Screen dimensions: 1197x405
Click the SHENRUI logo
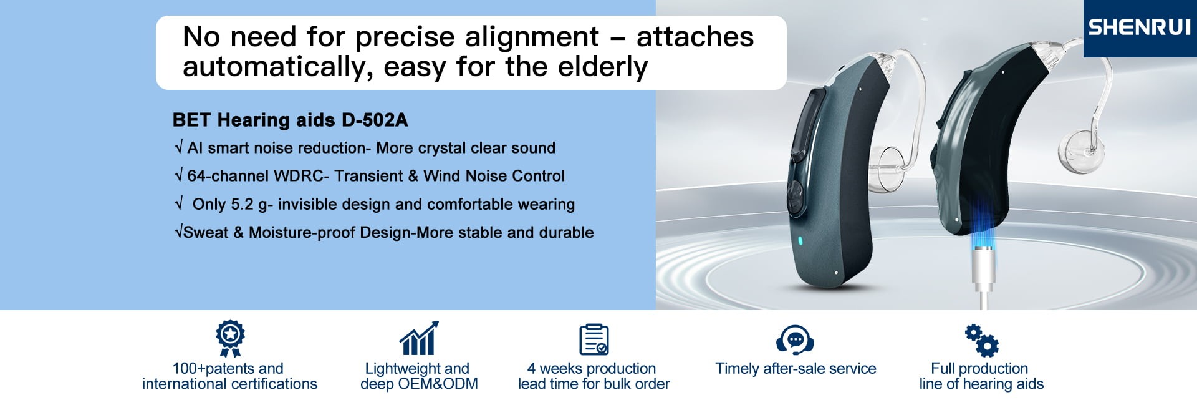(1139, 27)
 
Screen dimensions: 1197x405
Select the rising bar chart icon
(419, 338)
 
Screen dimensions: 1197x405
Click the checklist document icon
(594, 339)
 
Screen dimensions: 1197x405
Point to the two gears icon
(982, 340)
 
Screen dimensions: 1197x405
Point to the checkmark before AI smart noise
(179, 147)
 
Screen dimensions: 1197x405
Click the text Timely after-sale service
(796, 368)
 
